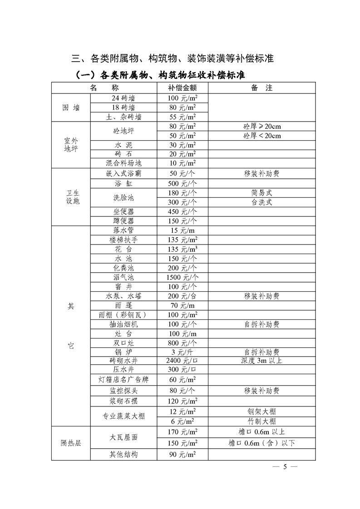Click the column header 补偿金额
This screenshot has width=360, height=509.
point(182,88)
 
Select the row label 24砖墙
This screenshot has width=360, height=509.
point(123,98)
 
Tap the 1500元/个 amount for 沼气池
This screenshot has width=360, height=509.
point(182,277)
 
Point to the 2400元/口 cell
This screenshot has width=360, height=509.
point(182,361)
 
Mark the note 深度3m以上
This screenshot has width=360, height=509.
point(261,361)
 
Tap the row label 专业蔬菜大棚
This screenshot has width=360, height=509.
point(123,416)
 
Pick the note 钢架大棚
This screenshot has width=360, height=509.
point(261,411)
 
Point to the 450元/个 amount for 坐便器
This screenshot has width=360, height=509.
point(182,211)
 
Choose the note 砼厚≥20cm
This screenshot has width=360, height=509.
point(261,127)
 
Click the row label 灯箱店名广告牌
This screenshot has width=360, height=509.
point(123,379)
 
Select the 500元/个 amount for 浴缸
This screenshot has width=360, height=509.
point(182,184)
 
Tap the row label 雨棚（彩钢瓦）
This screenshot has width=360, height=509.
point(123,315)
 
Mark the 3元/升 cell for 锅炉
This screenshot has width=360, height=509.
point(182,352)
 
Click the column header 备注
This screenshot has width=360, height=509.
point(261,88)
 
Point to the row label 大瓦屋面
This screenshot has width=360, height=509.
point(123,437)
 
